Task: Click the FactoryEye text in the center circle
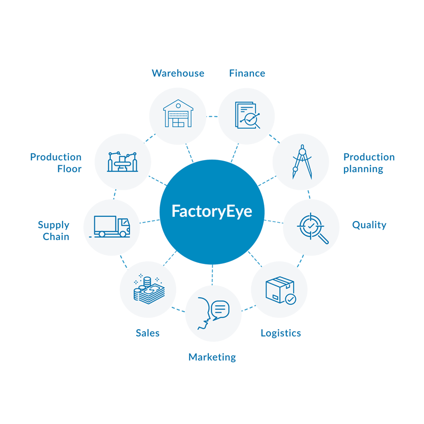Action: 211,211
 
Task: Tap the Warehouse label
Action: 178,73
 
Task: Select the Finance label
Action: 247,73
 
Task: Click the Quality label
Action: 369,225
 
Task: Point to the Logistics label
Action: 281,333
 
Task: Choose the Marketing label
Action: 212,357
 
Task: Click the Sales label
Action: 147,333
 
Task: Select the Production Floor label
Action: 56,163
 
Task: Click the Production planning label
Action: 369,163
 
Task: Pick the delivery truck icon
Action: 111,226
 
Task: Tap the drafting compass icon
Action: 301,162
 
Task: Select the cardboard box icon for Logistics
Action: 279,289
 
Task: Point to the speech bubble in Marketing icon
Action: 220,308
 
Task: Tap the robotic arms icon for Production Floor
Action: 122,161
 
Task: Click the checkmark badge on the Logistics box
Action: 290,299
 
